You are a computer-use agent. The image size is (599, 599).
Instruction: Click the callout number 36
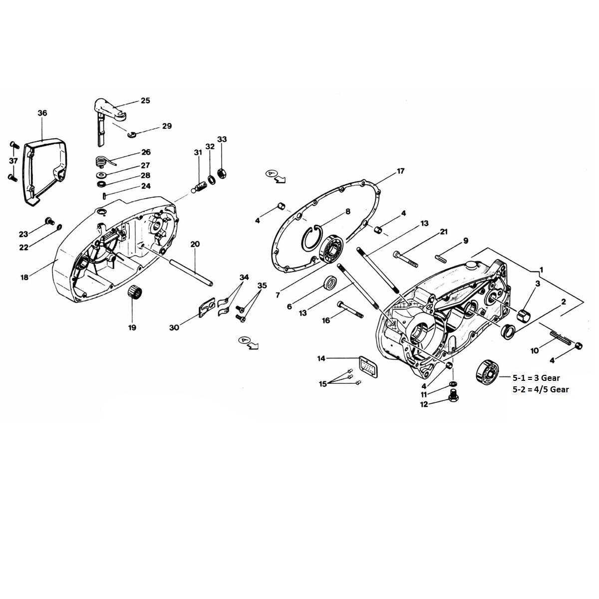tap(42, 113)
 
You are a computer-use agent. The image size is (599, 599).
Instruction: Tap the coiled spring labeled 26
tap(103, 161)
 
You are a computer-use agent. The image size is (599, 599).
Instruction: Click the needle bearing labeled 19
tap(132, 290)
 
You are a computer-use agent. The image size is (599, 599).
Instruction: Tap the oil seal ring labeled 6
tap(330, 283)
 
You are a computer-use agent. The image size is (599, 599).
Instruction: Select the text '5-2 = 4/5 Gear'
tap(540, 389)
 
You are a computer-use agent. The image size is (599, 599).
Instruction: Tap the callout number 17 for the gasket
tap(400, 171)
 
